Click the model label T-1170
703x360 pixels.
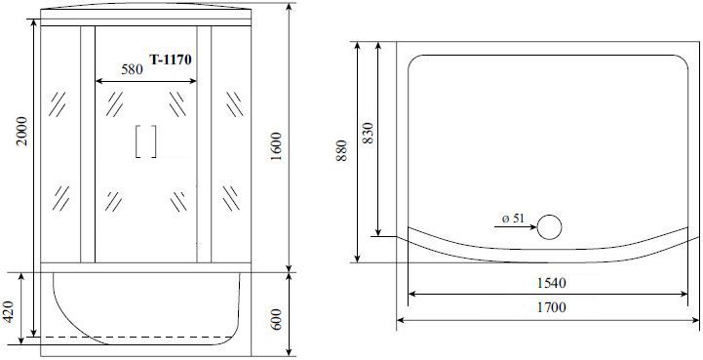pyautogui.click(x=171, y=60)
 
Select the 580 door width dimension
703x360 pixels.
pyautogui.click(x=133, y=69)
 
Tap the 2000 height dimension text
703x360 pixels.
pyautogui.click(x=22, y=131)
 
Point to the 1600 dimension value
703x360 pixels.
pyautogui.click(x=276, y=147)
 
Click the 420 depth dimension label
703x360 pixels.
pyautogui.click(x=10, y=311)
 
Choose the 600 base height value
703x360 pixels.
pyautogui.click(x=276, y=319)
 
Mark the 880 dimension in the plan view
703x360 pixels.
pyautogui.click(x=341, y=151)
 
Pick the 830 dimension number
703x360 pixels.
pyautogui.click(x=368, y=133)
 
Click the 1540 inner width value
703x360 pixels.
pyautogui.click(x=552, y=283)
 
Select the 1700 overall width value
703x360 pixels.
pyautogui.click(x=552, y=307)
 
